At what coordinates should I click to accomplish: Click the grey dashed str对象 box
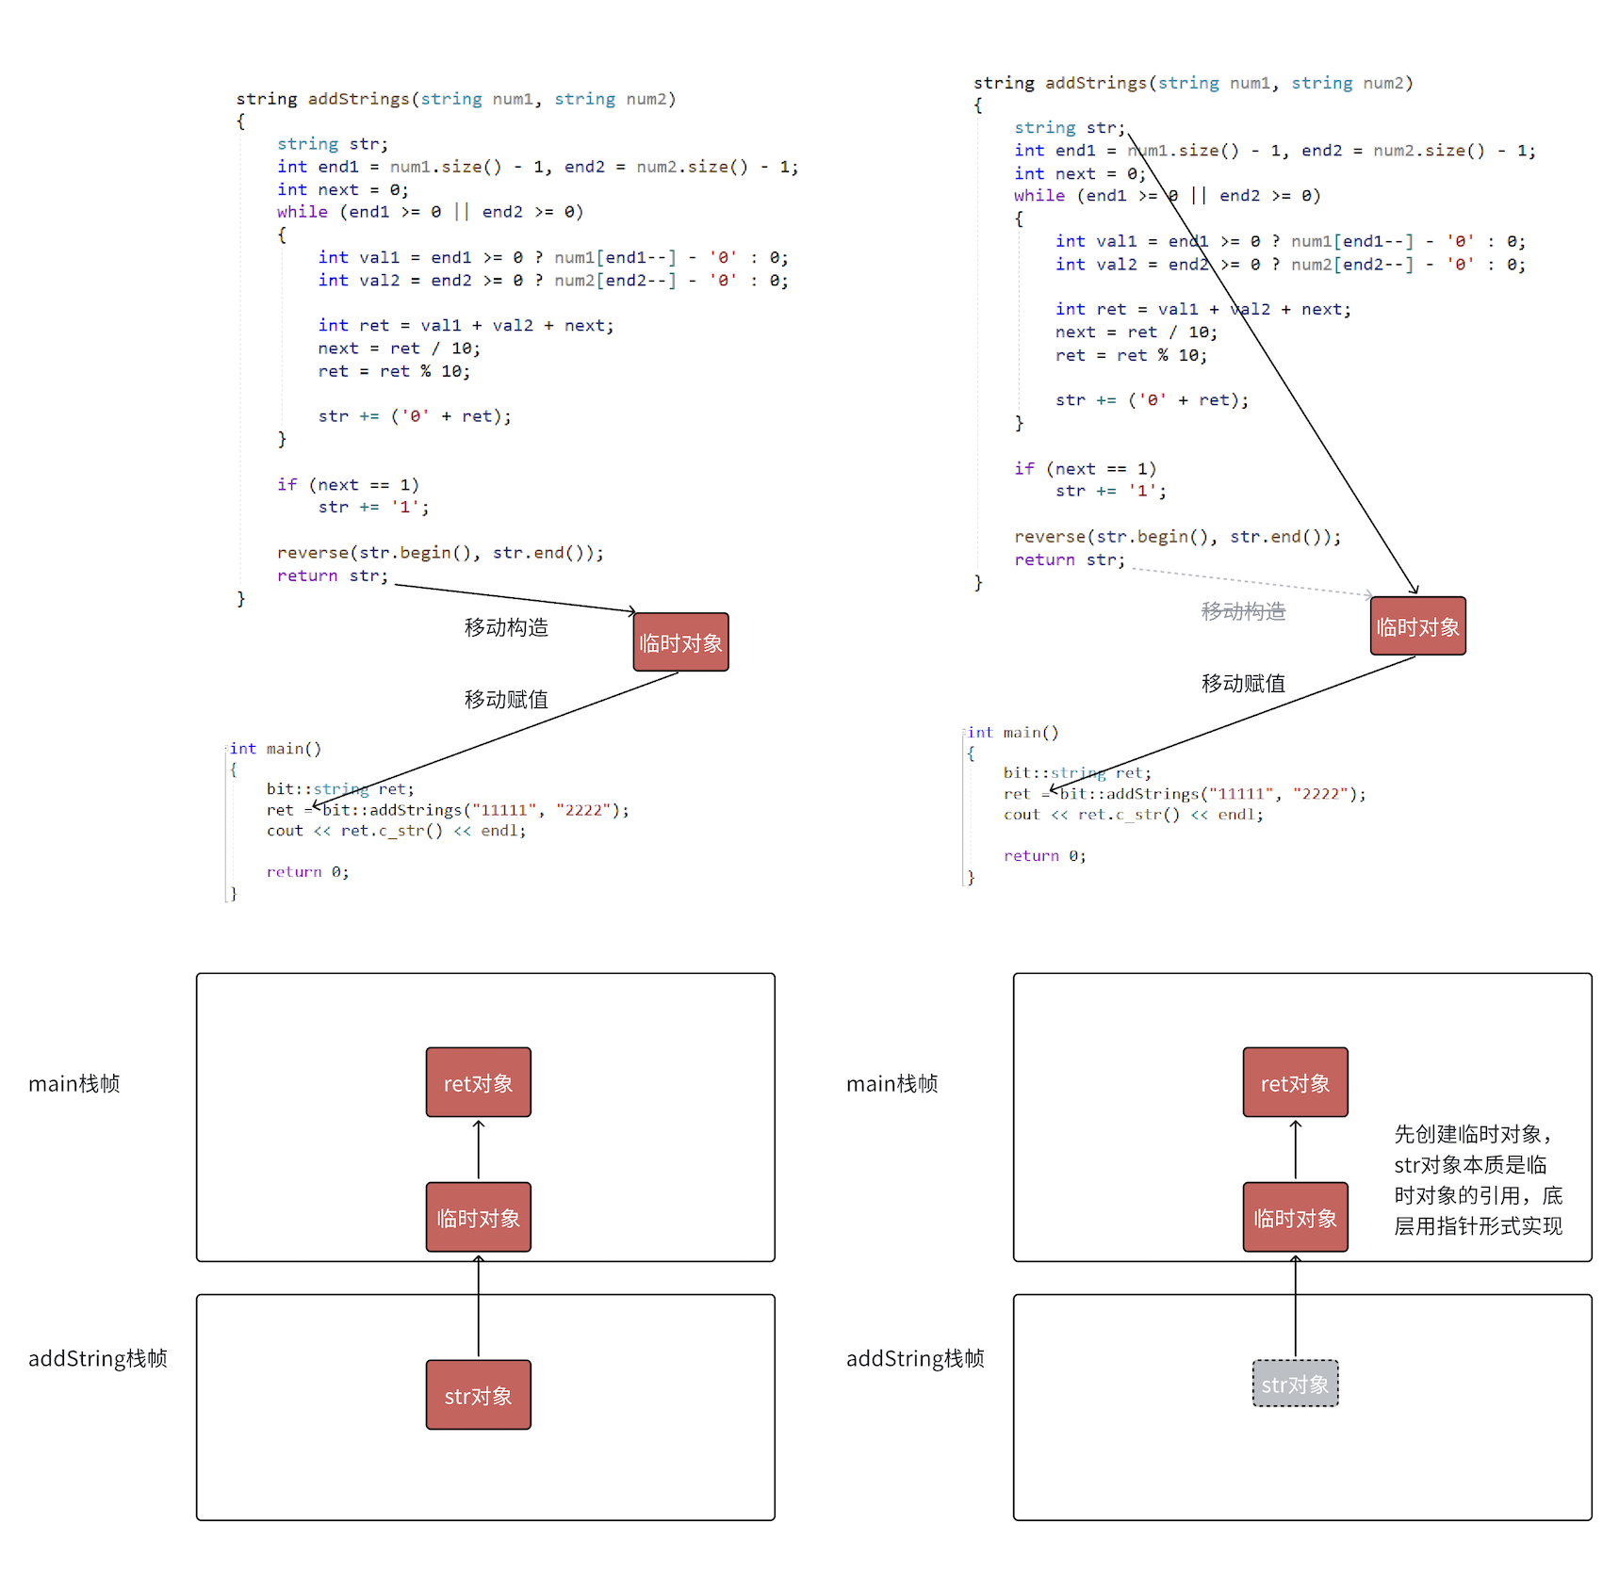(1295, 1384)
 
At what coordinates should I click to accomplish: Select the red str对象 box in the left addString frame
(478, 1395)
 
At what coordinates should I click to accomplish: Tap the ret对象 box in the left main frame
(478, 1082)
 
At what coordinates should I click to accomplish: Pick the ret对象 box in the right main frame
(1295, 1082)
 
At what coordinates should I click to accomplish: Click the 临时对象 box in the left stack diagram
(478, 1217)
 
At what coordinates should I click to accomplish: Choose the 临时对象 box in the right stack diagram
(1295, 1217)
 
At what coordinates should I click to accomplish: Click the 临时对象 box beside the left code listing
(680, 642)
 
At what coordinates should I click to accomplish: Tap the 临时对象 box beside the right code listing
(1417, 626)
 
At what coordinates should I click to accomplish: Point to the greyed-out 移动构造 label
(1243, 611)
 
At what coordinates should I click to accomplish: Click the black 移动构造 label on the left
(506, 627)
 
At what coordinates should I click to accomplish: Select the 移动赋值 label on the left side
(506, 699)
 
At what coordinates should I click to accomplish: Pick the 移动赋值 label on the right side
(1243, 683)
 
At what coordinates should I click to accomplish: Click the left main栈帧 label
(74, 1083)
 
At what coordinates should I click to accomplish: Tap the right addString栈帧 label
(915, 1358)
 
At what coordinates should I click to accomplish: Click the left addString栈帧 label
(98, 1358)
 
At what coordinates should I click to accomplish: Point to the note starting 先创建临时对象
(1478, 1179)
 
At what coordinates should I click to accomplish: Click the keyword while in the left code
(303, 212)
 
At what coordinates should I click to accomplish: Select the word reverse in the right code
(1049, 537)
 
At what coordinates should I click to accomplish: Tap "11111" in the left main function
(504, 810)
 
